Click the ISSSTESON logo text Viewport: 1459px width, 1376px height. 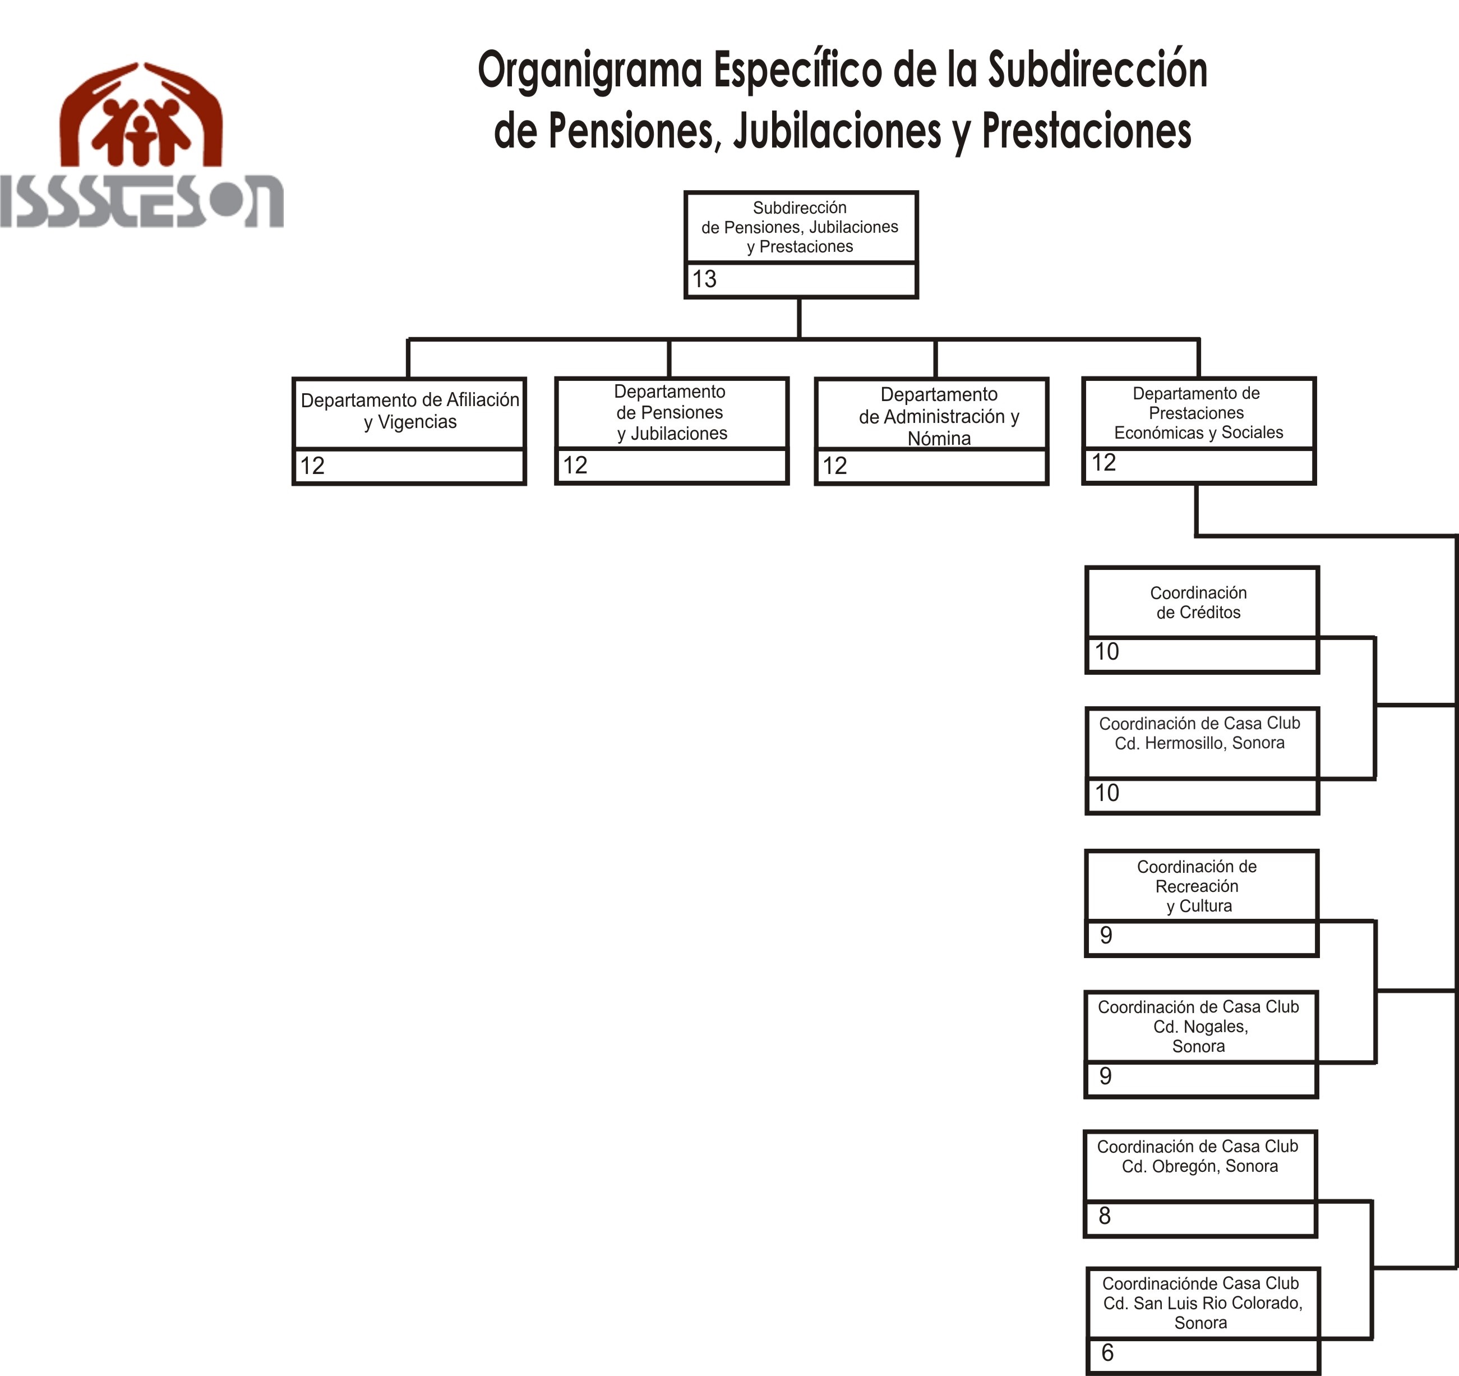(142, 201)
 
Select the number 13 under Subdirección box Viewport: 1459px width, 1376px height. (704, 279)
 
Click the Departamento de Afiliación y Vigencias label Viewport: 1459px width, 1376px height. (409, 411)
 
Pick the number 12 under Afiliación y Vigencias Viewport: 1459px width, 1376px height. (312, 466)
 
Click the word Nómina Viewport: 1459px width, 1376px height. (939, 438)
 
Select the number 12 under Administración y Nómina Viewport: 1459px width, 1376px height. (834, 466)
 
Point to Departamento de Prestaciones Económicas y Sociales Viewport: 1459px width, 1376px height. (1198, 413)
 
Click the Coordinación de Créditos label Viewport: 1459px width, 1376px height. (1198, 602)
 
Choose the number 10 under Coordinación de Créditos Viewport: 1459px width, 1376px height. (1107, 651)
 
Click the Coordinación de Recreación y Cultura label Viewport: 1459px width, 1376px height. (1197, 886)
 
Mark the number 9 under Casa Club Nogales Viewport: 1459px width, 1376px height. (1105, 1076)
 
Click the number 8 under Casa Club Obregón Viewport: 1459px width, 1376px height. (1105, 1216)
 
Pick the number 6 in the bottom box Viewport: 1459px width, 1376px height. (1107, 1352)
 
